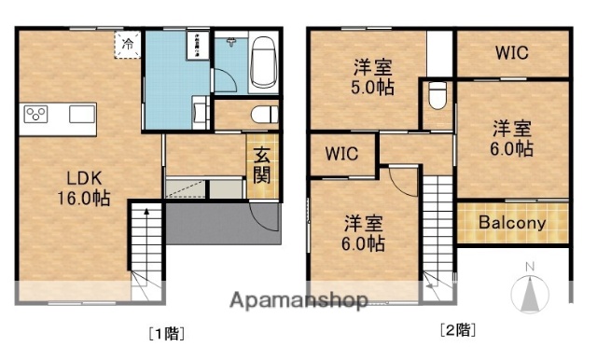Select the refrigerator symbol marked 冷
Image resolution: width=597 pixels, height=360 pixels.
tap(127, 43)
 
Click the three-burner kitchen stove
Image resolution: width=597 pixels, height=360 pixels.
tap(38, 115)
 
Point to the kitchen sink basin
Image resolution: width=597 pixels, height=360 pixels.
tap(81, 115)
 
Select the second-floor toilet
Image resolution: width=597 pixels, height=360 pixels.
tap(437, 97)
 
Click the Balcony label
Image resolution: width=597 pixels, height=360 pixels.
tap(511, 224)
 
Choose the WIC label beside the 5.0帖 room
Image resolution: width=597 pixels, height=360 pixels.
tap(511, 53)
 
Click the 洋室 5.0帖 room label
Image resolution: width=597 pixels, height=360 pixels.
tap(373, 76)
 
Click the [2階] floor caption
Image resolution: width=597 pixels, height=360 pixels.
tap(458, 329)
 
